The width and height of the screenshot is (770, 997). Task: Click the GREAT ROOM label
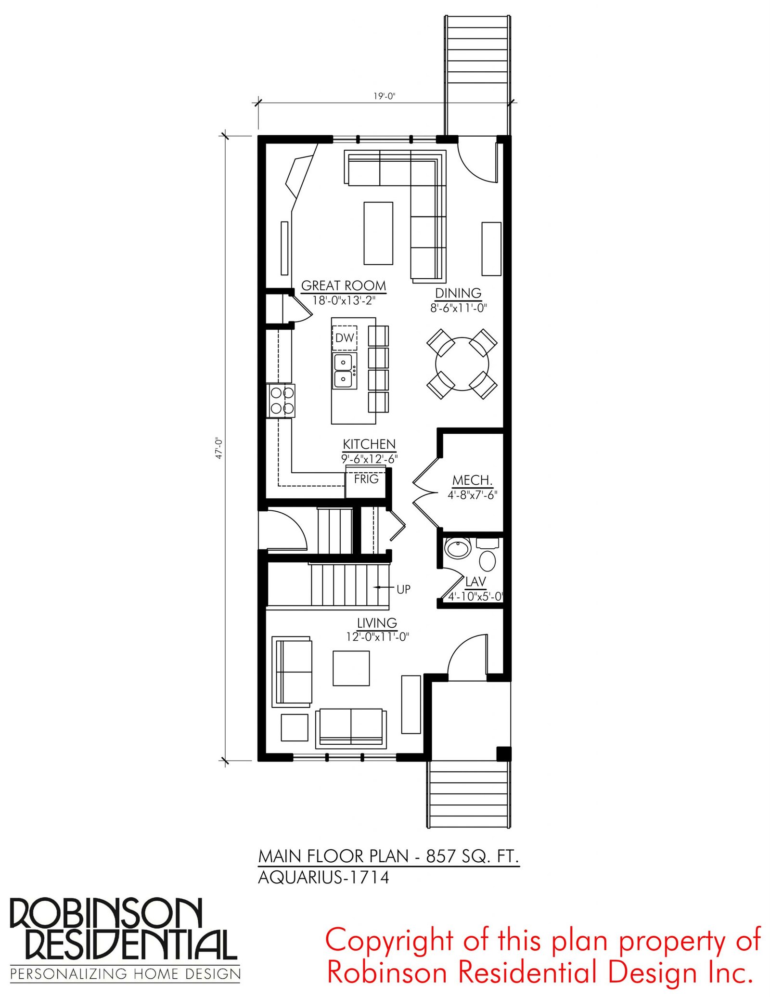pos(344,285)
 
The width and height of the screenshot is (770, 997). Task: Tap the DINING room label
pos(458,293)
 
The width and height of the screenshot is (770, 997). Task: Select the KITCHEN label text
pos(369,444)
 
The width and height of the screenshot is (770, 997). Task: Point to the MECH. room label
pos(472,480)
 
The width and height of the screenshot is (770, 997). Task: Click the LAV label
pos(475,581)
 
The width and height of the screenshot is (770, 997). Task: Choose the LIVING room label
pos(377,622)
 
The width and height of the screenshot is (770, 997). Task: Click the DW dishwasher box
pos(345,338)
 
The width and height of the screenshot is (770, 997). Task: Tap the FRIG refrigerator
pos(366,481)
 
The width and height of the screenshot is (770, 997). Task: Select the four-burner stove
pos(282,401)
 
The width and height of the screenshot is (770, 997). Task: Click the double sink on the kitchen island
pos(345,371)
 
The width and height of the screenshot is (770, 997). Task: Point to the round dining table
pos(462,364)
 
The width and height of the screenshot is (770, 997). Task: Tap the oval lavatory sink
pos(458,548)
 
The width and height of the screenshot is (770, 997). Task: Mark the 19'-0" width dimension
pos(384,96)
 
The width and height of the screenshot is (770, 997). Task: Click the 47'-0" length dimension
pos(219,448)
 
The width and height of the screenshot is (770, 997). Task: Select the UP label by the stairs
pos(403,589)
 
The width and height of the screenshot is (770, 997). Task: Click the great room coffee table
pos(378,233)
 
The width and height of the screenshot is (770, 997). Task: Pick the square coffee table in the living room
pos(351,668)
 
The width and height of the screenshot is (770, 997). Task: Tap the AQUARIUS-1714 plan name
pos(323,878)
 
